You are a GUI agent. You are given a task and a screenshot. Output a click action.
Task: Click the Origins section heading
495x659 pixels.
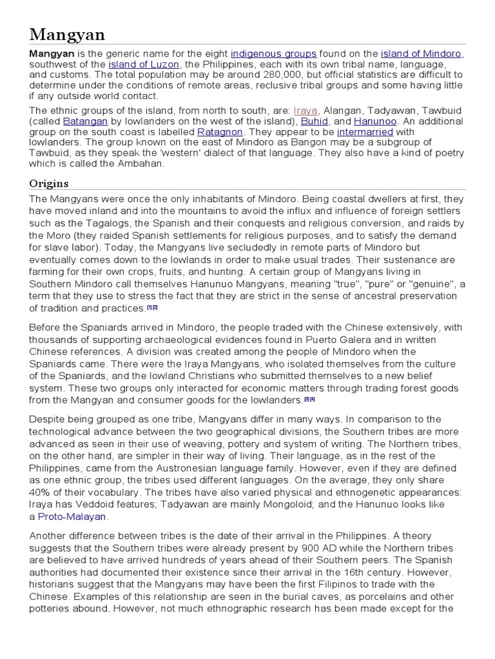pos(49,184)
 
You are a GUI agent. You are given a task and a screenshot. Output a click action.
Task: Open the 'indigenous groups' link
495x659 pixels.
pos(274,54)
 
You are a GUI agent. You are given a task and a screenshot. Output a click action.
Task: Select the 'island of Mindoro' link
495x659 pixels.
pos(421,54)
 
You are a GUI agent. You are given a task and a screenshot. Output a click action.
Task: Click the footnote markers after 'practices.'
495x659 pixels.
pos(153,308)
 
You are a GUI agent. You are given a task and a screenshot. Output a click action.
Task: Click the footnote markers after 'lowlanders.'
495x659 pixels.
pos(309,400)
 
